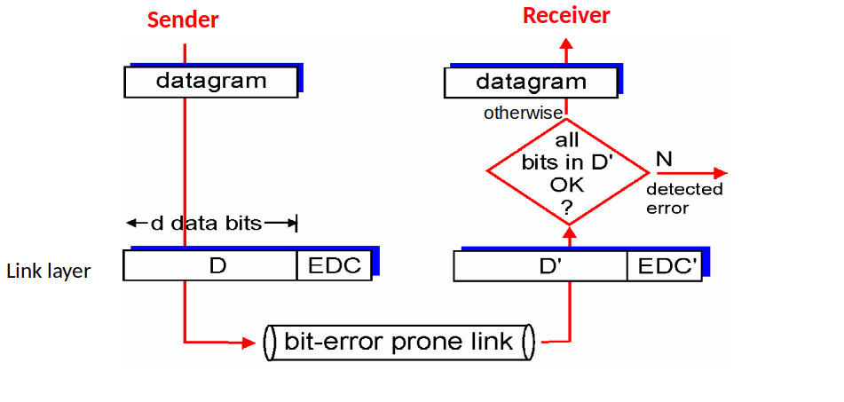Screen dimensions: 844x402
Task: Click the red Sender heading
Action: click(183, 20)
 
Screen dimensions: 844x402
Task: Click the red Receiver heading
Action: click(566, 16)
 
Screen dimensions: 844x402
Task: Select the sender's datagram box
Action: click(211, 82)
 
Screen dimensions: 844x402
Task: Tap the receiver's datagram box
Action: click(531, 83)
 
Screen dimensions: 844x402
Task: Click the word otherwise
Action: click(523, 114)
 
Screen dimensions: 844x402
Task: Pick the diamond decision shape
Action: click(568, 171)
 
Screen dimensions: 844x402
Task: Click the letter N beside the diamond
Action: click(664, 159)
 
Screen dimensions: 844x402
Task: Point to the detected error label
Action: click(684, 199)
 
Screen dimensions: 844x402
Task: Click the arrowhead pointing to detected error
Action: click(720, 173)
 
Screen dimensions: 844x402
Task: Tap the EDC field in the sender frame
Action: click(335, 265)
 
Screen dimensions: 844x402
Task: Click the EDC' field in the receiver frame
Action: click(665, 266)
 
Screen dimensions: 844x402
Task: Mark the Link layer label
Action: click(49, 272)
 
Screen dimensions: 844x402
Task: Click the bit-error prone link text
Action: click(398, 342)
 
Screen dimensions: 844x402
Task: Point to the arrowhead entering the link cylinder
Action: click(248, 343)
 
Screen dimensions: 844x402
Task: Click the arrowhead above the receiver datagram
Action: click(566, 44)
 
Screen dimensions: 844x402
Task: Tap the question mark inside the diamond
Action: click(567, 208)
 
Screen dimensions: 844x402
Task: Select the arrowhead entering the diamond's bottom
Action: click(569, 233)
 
